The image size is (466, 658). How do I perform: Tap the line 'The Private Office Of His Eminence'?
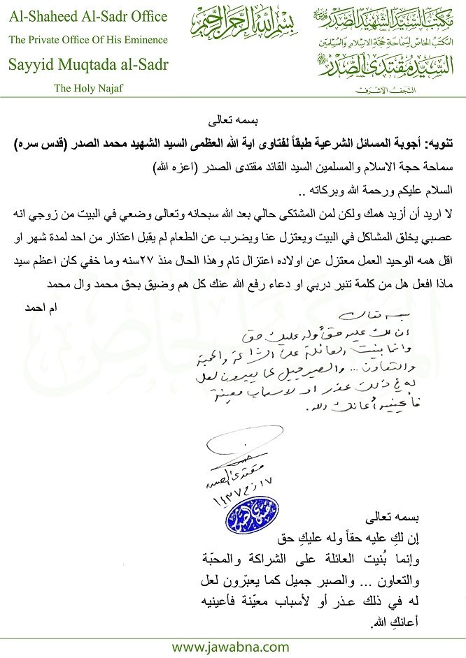[88, 40]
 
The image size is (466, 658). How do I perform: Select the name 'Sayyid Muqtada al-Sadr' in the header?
[88, 65]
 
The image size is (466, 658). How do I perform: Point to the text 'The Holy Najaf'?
[87, 89]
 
